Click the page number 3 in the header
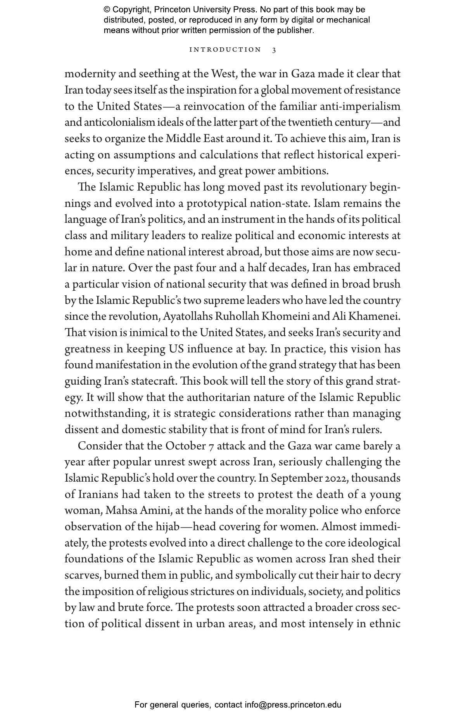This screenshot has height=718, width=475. tap(274, 50)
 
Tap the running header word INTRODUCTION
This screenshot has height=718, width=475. tap(225, 50)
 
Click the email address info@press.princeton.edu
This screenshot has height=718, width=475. tap(293, 705)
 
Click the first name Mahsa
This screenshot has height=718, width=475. tap(119, 510)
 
